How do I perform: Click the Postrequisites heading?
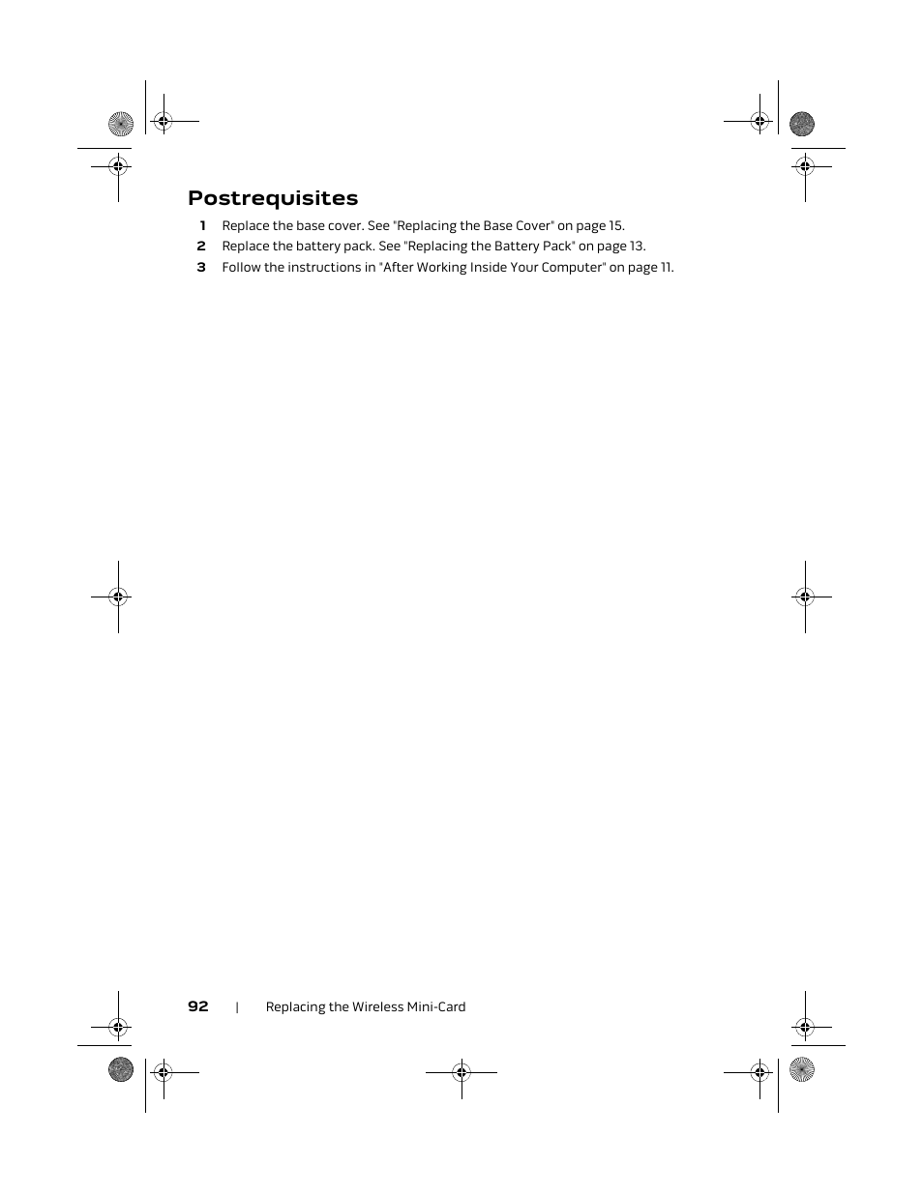point(273,198)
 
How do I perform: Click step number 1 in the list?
point(202,226)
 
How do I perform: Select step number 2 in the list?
point(201,247)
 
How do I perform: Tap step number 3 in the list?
point(201,268)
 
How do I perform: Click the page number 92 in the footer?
point(198,1006)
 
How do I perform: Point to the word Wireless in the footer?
point(379,1007)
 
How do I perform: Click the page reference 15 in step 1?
point(616,226)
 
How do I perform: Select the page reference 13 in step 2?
point(637,247)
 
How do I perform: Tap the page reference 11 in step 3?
point(667,268)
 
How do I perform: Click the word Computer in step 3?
point(570,268)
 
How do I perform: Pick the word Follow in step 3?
point(241,268)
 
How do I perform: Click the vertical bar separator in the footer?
point(237,1007)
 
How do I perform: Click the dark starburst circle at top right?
point(802,124)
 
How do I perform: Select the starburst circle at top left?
point(121,124)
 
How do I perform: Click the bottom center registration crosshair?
point(461,1071)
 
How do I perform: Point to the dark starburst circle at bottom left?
point(121,1069)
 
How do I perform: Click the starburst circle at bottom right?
point(802,1069)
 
